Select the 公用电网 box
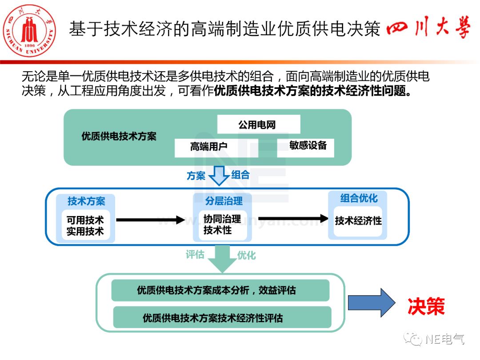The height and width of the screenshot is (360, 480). click(x=258, y=124)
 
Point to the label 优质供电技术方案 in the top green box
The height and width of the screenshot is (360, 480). click(x=119, y=136)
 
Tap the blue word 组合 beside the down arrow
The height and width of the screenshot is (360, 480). click(x=240, y=175)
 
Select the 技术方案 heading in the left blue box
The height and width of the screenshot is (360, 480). click(x=86, y=201)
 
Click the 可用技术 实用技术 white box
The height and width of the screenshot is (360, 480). click(x=85, y=225)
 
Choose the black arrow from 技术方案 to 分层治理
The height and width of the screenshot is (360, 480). click(x=150, y=220)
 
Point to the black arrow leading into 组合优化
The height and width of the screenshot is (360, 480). click(x=293, y=218)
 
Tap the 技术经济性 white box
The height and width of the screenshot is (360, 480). click(x=358, y=221)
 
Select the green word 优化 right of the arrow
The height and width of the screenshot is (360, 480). click(x=246, y=255)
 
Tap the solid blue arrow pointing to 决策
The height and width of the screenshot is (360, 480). click(x=371, y=303)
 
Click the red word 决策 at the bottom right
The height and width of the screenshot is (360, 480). click(x=426, y=306)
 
